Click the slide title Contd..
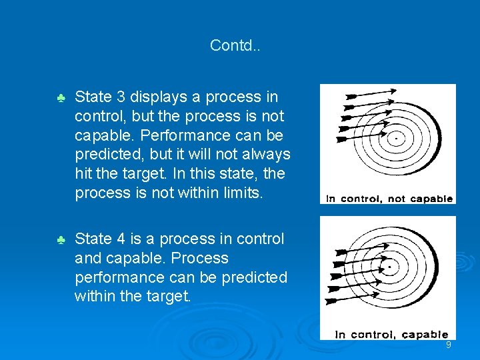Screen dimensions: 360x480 click(235, 45)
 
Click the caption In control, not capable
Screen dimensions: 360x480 click(389, 198)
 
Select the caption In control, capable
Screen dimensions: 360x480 click(391, 334)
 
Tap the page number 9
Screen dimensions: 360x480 click(449, 345)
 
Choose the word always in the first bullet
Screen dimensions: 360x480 click(266, 155)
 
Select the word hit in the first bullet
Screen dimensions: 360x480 click(85, 174)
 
